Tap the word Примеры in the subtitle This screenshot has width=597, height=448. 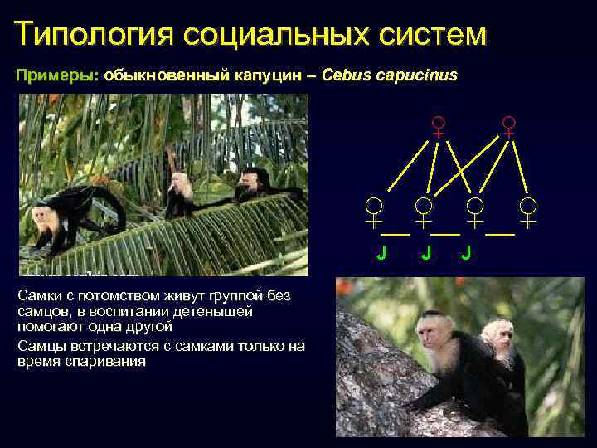56,75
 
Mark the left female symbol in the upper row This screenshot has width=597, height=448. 437,127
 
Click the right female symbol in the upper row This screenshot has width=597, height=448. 509,127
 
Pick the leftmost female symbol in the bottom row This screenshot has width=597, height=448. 375,212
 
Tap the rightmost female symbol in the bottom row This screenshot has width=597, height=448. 528,212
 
